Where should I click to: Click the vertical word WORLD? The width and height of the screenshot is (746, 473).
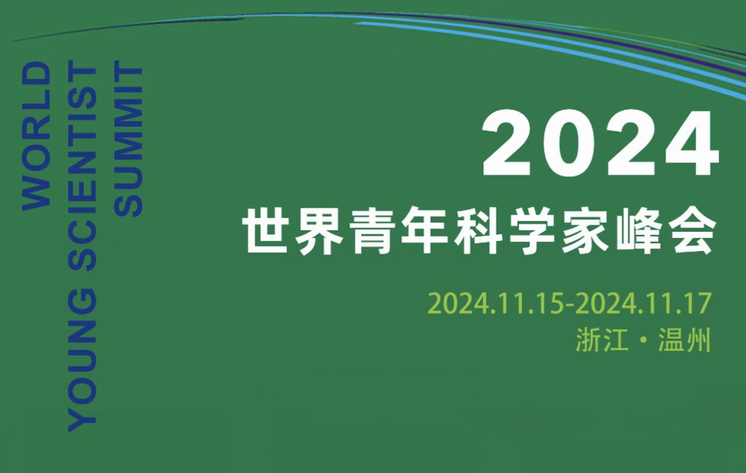tap(36, 136)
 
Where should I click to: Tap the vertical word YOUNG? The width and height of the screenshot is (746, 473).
tap(82, 361)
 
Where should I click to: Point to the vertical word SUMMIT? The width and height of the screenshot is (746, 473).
tap(129, 142)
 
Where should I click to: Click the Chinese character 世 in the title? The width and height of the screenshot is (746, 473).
tap(266, 230)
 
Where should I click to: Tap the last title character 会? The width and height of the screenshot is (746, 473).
tap(692, 231)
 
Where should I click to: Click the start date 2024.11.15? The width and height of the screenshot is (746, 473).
tap(496, 303)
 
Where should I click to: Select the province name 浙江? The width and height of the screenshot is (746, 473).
tap(602, 340)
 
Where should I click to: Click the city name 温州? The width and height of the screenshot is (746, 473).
tap(685, 340)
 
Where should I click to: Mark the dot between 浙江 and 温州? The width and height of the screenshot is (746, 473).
tap(643, 341)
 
